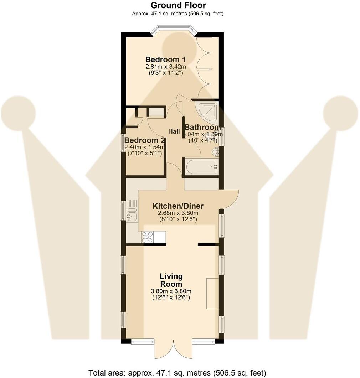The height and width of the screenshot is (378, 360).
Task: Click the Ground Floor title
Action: (x=178, y=5)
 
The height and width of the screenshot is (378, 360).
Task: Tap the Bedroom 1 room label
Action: (x=165, y=59)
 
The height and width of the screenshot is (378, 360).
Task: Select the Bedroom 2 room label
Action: (x=145, y=140)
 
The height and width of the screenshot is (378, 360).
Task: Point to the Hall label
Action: (x=174, y=131)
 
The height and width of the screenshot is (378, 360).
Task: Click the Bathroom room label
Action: (x=202, y=127)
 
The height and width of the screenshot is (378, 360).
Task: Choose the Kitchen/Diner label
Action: (x=178, y=206)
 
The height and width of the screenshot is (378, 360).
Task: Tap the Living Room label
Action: (x=171, y=280)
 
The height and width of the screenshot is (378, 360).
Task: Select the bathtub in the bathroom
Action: (x=201, y=167)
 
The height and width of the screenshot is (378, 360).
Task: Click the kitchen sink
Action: (x=132, y=212)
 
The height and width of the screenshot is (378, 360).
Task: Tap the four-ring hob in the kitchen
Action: (x=148, y=237)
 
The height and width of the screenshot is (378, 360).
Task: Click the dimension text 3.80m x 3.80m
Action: (x=171, y=291)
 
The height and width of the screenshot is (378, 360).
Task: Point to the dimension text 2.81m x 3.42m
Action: (x=165, y=67)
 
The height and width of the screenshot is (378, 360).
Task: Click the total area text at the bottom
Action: (x=177, y=373)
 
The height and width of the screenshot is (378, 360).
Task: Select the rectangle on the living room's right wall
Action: (x=213, y=293)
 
